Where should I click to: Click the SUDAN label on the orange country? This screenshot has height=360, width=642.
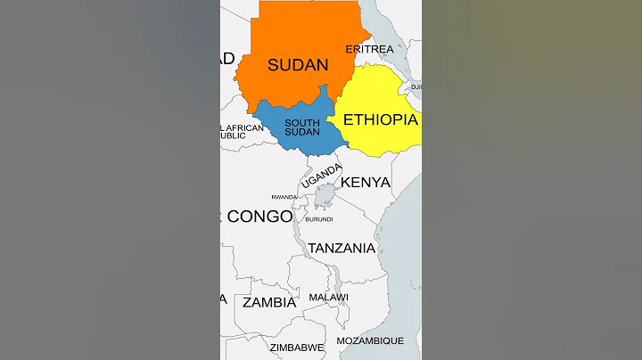tap(298, 65)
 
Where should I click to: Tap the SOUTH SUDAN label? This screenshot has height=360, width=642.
tap(300, 127)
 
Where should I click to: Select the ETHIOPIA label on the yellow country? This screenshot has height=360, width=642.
tap(380, 119)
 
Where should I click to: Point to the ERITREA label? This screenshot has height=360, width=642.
tap(369, 49)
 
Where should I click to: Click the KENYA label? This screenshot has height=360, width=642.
tap(366, 183)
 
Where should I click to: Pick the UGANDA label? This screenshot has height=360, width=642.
tap(321, 176)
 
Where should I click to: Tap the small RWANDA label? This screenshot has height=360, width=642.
tap(284, 197)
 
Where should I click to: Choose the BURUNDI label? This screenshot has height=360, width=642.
tap(318, 219)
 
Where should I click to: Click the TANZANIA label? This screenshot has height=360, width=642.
tap(342, 249)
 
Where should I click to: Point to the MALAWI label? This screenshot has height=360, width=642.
tap(328, 297)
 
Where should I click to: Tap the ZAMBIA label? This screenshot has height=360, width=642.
tap(269, 302)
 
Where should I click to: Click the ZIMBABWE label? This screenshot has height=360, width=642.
tap(297, 347)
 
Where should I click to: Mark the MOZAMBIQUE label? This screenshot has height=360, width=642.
tap(370, 340)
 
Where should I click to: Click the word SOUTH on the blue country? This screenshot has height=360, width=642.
tap(300, 123)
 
